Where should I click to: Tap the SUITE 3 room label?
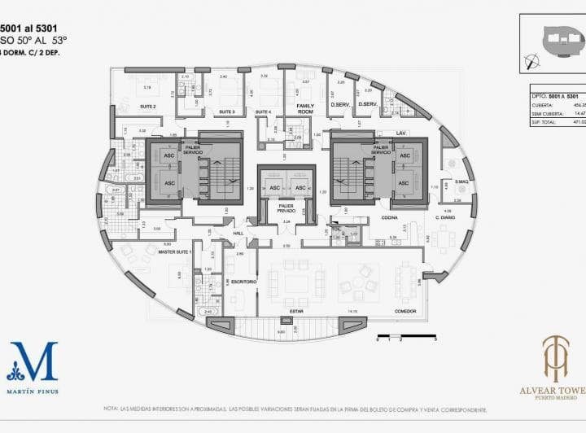(x=227, y=112)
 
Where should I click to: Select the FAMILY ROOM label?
(x=305, y=108)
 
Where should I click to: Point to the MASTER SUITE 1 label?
(x=175, y=253)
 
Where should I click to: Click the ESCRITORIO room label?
(x=244, y=282)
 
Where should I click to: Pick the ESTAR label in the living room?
(x=296, y=311)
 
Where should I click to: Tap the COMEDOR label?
(x=405, y=311)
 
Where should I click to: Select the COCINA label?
(x=389, y=218)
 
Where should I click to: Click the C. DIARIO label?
(x=444, y=218)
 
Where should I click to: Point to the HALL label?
(x=238, y=234)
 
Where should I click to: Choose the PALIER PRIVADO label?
(x=286, y=209)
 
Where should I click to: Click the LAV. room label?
(x=401, y=132)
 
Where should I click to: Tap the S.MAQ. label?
(x=461, y=181)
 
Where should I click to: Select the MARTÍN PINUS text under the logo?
(x=33, y=391)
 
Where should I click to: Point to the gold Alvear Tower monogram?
(x=556, y=358)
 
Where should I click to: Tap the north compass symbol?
(x=533, y=59)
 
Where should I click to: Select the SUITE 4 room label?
(x=262, y=112)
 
